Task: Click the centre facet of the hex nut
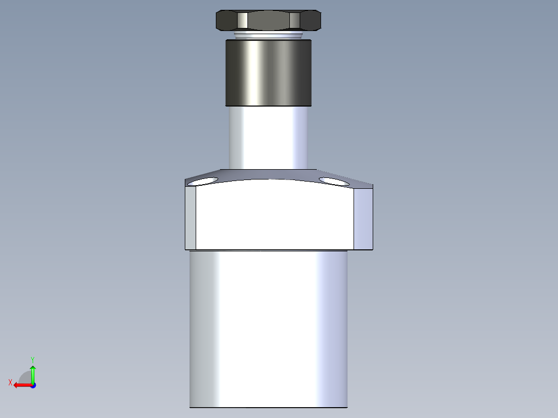point(269,20)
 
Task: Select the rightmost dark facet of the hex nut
point(311,20)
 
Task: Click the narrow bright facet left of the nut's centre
point(242,20)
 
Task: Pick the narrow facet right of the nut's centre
point(295,20)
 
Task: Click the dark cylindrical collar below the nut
point(268,72)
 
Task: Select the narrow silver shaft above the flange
point(268,137)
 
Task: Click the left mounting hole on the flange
point(203,182)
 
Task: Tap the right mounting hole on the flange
point(334,181)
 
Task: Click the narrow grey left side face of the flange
point(190,217)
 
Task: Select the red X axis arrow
point(21,385)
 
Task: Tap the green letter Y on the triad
point(32,359)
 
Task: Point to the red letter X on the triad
point(10,382)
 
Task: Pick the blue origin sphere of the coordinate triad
point(33,385)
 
